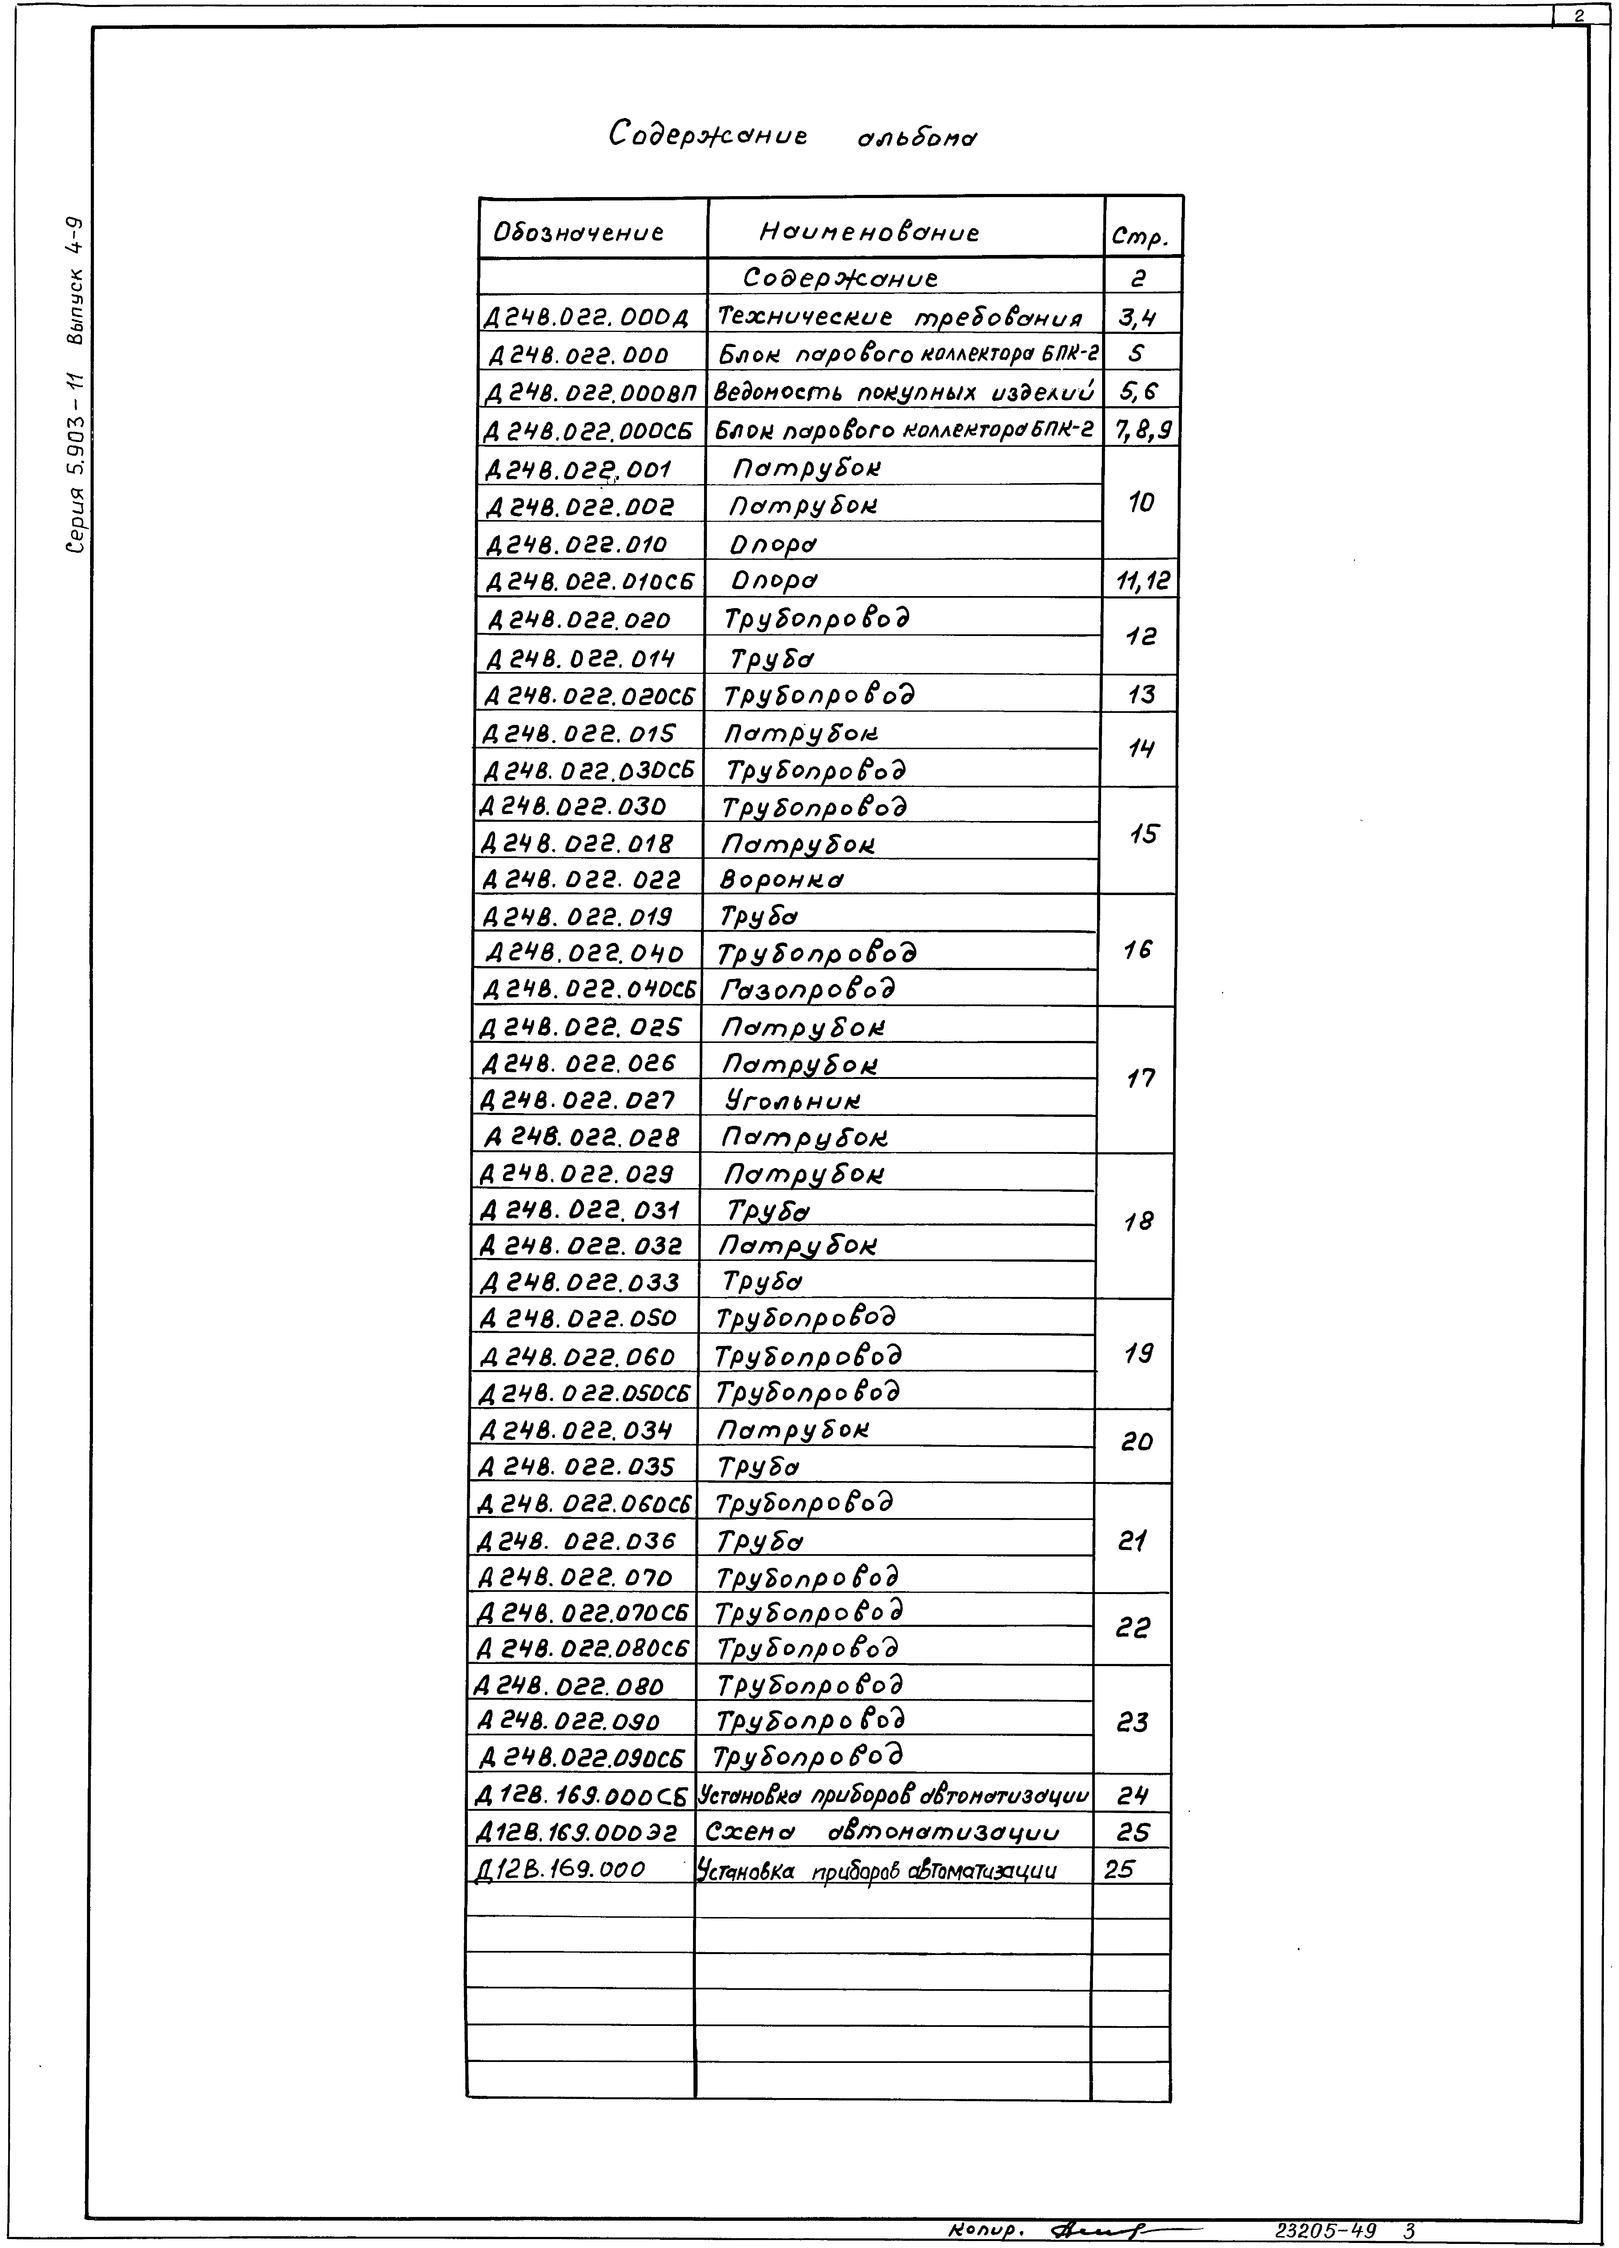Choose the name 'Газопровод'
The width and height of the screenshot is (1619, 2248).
coord(808,989)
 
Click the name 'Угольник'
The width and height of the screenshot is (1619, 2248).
coord(793,1100)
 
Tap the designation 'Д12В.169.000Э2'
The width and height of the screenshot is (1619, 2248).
coord(578,1834)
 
